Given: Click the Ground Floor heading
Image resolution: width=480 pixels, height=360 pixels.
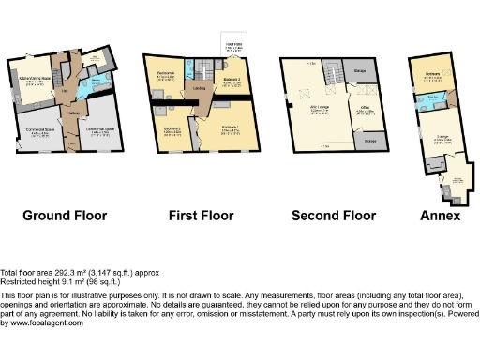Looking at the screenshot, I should point(65,216).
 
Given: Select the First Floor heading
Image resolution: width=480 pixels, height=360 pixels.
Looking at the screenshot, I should point(201,216).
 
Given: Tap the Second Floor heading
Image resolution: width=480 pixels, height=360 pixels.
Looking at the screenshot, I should point(333,216).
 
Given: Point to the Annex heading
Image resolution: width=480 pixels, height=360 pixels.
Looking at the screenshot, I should point(440,216).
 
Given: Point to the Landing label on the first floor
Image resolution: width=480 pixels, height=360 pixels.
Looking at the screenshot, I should point(201,89).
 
